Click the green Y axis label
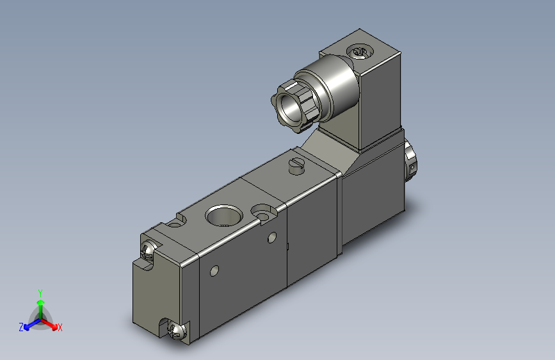point(40,293)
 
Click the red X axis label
point(60,327)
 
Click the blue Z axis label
point(21,327)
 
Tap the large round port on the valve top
point(223,215)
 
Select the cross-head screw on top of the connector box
point(360,52)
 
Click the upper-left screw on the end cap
point(148,250)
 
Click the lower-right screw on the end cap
point(177,331)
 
